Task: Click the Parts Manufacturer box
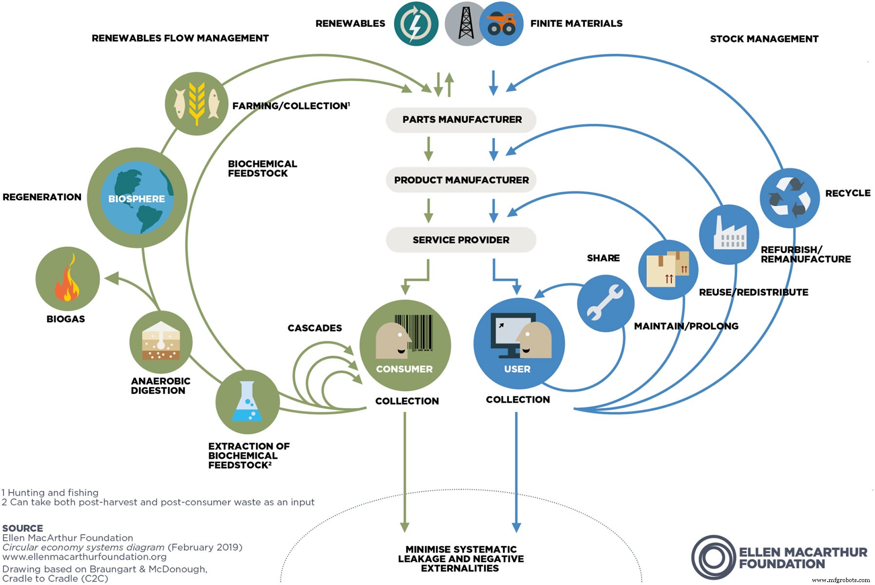coord(461,120)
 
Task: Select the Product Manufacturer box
coord(461,180)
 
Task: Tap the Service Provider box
coord(461,240)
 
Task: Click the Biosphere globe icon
coord(137,198)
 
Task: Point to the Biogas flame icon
coord(68,278)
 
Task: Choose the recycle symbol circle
coord(790,198)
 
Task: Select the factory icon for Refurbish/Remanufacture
coord(729,234)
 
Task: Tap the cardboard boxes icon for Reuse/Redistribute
coord(668,270)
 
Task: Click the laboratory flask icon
coord(248,402)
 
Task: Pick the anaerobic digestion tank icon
coord(161,342)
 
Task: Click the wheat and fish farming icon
coord(196,103)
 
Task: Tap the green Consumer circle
coord(405,345)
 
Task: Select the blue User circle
coord(519,344)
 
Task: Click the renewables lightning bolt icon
coord(416,23)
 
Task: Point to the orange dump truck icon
coord(502,23)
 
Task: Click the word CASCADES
coord(314,328)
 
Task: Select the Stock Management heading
coord(764,39)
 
